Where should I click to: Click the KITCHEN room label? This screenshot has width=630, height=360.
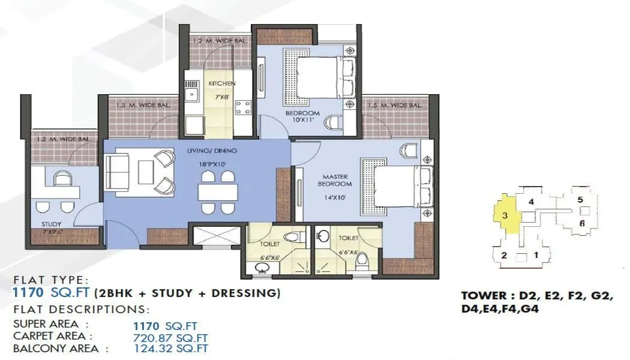(x=221, y=83)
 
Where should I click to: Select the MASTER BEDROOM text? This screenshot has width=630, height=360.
(x=337, y=180)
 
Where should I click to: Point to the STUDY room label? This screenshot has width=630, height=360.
(x=52, y=224)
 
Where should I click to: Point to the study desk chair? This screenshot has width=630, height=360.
(x=61, y=178)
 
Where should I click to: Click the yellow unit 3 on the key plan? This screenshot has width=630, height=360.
(x=505, y=214)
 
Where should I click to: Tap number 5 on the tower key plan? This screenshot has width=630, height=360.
(x=580, y=200)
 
